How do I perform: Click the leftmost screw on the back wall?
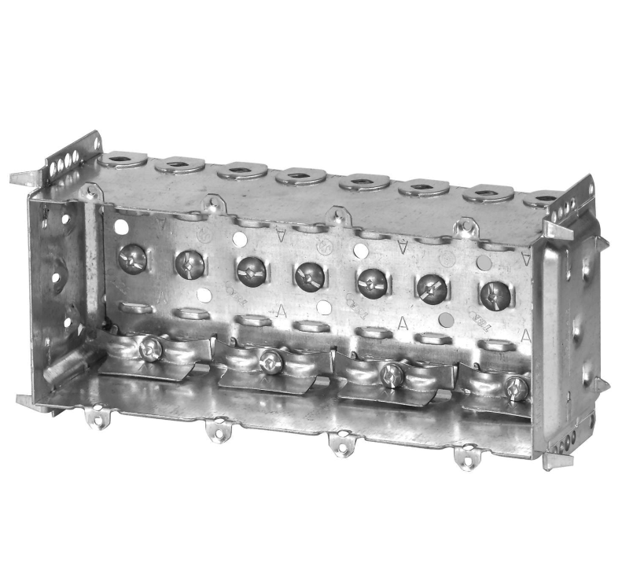coord(131,257)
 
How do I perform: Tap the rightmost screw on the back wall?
coord(495,294)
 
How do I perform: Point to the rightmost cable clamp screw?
coord(517,386)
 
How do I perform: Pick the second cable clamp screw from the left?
coord(271,361)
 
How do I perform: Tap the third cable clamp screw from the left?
coord(392,375)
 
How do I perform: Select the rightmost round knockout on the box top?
coord(543,198)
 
